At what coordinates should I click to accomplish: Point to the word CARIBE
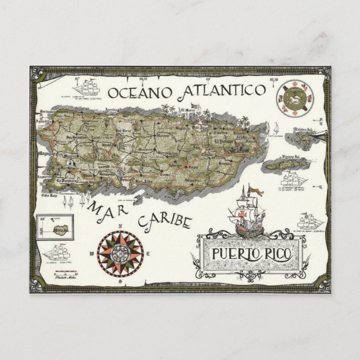pyautogui.click(x=165, y=220)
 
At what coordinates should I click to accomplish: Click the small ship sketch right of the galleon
pyautogui.click(x=310, y=220)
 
